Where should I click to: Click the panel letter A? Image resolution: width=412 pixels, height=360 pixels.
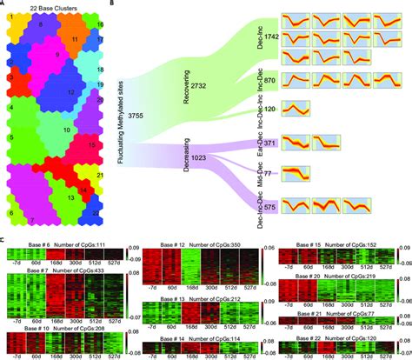click(x=5, y=4)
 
